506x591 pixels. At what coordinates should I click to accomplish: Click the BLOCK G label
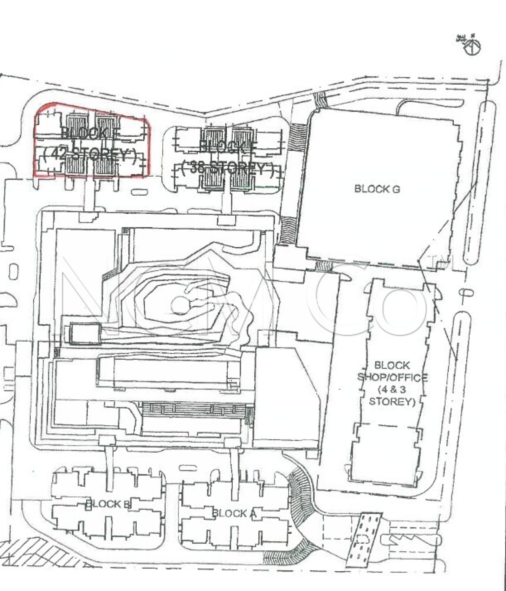click(377, 189)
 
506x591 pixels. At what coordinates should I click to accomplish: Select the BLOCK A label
click(234, 513)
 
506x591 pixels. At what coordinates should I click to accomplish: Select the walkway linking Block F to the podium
click(227, 201)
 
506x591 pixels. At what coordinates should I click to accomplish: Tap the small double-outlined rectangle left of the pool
click(85, 334)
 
